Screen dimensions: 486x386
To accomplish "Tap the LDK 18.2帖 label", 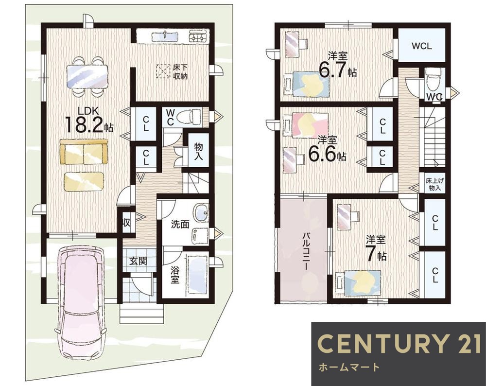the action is pos(88,120).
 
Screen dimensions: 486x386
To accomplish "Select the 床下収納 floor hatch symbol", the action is pos(163,71).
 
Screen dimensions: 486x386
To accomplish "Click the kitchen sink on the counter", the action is pos(165,36).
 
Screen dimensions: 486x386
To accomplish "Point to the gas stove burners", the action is pos(199,36).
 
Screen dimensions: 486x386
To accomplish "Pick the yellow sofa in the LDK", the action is pos(84,152).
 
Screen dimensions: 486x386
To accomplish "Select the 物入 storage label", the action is pos(198,151).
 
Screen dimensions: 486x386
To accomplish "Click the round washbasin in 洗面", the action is pos(202,212).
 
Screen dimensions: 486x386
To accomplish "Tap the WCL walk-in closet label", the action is pos(421,46).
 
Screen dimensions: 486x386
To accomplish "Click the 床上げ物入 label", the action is pos(433,184).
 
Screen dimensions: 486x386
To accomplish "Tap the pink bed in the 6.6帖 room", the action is pos(306,125).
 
